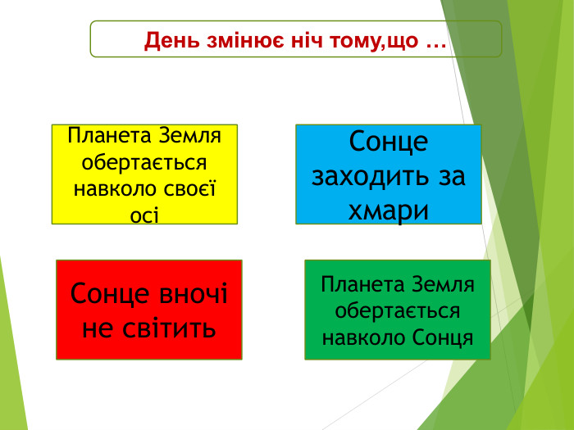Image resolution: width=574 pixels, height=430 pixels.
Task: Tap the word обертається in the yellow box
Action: pyautogui.click(x=144, y=162)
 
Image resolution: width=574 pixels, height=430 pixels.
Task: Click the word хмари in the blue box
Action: pyautogui.click(x=389, y=210)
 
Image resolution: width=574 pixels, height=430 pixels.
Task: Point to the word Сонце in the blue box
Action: pyautogui.click(x=389, y=142)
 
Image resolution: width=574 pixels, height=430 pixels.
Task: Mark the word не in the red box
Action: pyautogui.click(x=98, y=328)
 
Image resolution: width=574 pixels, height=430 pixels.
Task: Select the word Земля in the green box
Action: pyautogui.click(x=445, y=285)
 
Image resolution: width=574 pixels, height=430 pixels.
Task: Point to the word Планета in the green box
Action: pyautogui.click(x=361, y=285)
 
